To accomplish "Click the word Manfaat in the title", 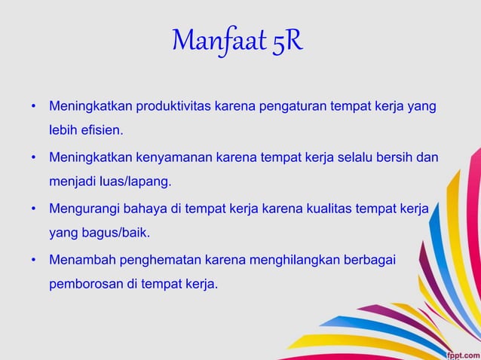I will pyautogui.click(x=217, y=41).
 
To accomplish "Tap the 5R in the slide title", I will pyautogui.click(x=286, y=41).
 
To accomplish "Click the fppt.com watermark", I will pyautogui.click(x=461, y=352).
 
